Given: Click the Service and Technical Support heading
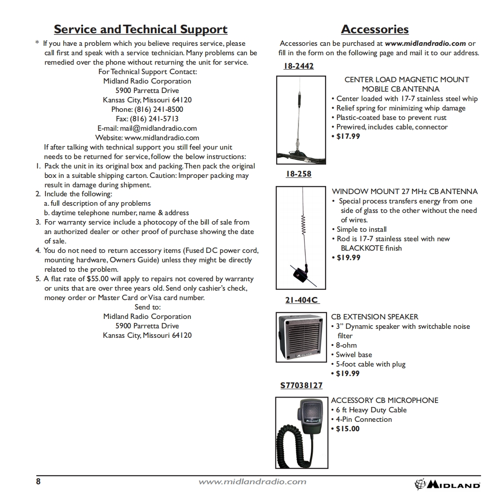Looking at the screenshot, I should (141, 30).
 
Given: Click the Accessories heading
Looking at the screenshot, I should (375, 30).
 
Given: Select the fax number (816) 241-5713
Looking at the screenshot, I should (154, 119).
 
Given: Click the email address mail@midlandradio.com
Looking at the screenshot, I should (158, 128).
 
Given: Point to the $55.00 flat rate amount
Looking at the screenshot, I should (97, 279).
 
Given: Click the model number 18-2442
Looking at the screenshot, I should (299, 66).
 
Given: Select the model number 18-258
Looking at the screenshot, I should (299, 174).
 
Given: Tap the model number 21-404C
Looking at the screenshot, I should (302, 300).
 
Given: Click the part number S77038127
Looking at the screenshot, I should (301, 385).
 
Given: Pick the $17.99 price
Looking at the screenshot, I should (348, 136).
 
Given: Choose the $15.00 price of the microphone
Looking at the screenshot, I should (348, 429).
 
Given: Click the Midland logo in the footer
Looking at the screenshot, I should (447, 484).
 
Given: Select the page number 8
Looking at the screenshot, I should (38, 482).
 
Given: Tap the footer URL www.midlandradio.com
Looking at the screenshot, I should (252, 482).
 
